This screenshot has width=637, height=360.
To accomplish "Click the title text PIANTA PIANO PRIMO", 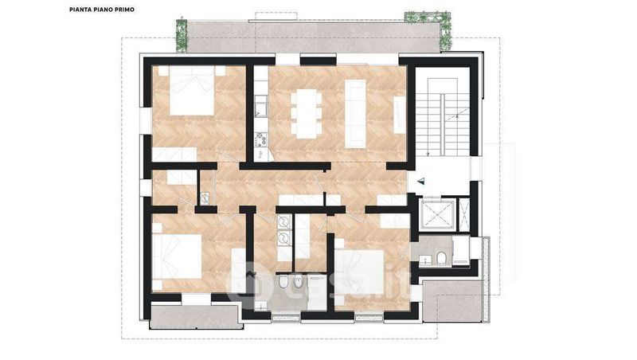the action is click(x=102, y=10).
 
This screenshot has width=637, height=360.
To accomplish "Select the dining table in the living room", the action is click(x=307, y=113).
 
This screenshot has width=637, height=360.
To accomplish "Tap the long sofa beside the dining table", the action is click(x=355, y=114).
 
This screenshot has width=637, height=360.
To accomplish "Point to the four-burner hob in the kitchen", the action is click(x=260, y=139).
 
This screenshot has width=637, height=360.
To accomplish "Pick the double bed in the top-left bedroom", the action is click(x=191, y=91).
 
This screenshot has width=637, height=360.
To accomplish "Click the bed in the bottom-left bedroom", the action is click(x=177, y=256).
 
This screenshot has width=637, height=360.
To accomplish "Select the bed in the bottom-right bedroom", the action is click(x=360, y=272).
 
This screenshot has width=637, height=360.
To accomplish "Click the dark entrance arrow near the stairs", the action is click(x=422, y=182).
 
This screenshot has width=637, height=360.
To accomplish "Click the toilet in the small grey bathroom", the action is click(x=442, y=258).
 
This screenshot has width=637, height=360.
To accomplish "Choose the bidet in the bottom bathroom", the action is click(x=299, y=282).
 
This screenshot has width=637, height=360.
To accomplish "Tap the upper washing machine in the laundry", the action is click(x=283, y=222).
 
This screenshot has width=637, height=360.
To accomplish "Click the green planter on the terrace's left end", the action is click(x=182, y=36).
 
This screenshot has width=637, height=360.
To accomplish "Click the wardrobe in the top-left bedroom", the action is click(x=174, y=155).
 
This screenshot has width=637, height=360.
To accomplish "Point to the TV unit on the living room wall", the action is click(x=400, y=115).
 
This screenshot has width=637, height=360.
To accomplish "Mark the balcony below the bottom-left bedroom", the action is click(x=197, y=316).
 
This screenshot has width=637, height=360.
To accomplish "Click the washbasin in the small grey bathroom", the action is click(x=425, y=258).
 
